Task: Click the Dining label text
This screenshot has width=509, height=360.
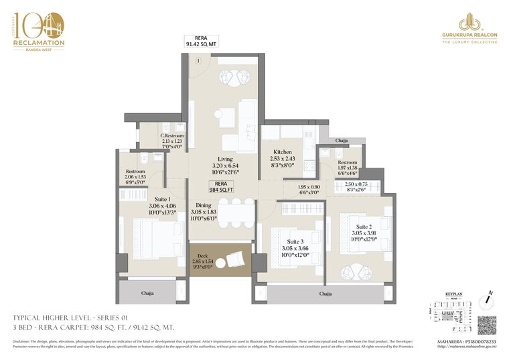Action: pyautogui.click(x=204, y=206)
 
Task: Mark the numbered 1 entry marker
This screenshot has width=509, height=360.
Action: pyautogui.click(x=198, y=62)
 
